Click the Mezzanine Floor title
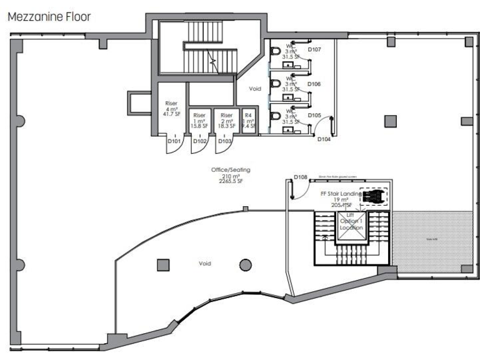pyautogui.click(x=49, y=16)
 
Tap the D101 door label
pyautogui.click(x=174, y=141)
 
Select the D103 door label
pyautogui.click(x=225, y=141)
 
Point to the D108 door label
pyautogui.click(x=301, y=177)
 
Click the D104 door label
pyautogui.click(x=324, y=139)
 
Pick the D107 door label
pyautogui.click(x=314, y=49)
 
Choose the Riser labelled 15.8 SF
pyautogui.click(x=199, y=121)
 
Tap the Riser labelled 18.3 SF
pyautogui.click(x=226, y=121)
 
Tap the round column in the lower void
pyautogui.click(x=245, y=264)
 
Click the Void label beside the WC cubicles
pyautogui.click(x=253, y=89)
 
